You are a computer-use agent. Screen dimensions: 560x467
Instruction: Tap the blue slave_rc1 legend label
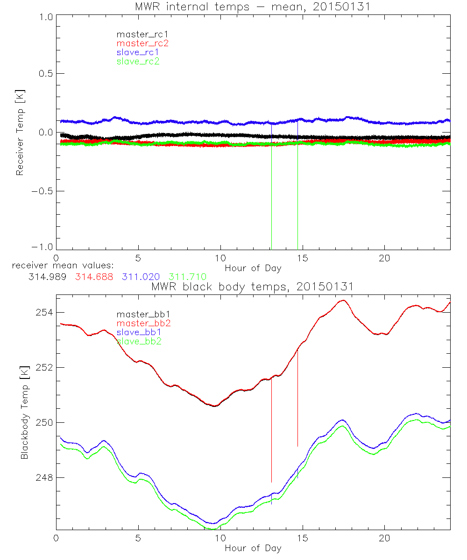point(138,52)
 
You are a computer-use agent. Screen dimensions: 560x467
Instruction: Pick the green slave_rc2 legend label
point(138,61)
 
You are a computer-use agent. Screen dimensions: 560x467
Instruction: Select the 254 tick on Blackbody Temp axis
point(43,312)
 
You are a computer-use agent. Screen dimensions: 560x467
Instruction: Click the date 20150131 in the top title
point(348,6)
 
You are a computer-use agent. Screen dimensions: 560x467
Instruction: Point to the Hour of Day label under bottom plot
point(253,548)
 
